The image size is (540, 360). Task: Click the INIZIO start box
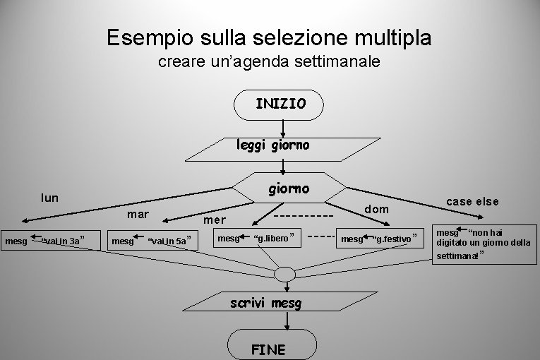[280, 104]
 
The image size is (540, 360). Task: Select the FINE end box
[269, 347]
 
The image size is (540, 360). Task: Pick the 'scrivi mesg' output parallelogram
[265, 304]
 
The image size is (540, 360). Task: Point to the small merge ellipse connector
[285, 273]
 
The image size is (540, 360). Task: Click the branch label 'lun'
[49, 198]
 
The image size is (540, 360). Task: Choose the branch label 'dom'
[376, 209]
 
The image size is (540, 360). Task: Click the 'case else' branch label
[472, 201]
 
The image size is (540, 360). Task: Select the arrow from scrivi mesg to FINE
[287, 320]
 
